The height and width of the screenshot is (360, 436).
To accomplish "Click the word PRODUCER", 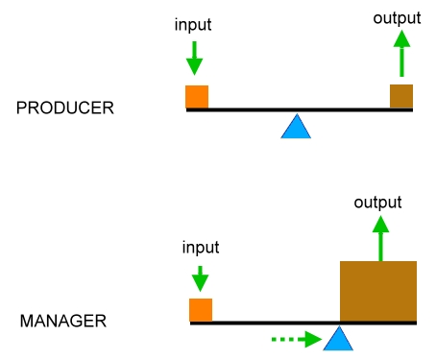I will point(65,108).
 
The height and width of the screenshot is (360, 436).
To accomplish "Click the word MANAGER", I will point(63,320).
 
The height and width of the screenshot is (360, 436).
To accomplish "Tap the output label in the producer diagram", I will point(396,17).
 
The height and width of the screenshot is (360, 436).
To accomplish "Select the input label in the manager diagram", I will point(201,248).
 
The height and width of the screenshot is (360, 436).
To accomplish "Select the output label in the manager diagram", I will point(377,203).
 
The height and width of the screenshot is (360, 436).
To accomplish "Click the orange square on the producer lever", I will point(197,96).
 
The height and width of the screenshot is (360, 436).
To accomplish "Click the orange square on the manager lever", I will point(201,309).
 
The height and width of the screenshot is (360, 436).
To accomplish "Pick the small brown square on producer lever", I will point(401,96).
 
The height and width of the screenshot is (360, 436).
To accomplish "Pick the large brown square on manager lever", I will point(378,291).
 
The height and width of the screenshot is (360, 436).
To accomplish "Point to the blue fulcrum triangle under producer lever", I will point(296,127).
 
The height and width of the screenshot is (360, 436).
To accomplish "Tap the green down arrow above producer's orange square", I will point(195,57).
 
